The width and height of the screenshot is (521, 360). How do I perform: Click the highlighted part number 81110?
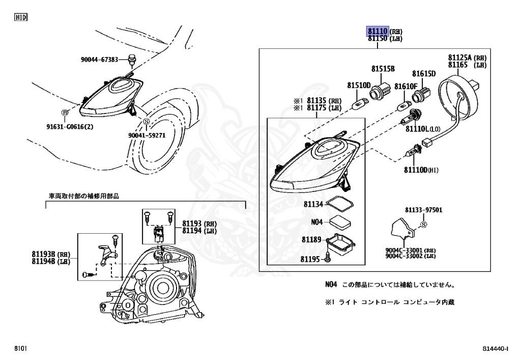click(x=378, y=32)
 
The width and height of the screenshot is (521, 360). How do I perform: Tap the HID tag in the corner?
click(x=20, y=17)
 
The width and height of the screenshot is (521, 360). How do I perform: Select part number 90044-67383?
click(x=99, y=60)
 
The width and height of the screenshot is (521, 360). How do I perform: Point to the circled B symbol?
click(x=65, y=113)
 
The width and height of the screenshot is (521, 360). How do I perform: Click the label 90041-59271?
click(x=147, y=135)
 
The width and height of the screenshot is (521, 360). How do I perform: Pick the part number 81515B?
click(x=383, y=68)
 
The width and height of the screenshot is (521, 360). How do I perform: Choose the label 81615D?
click(x=424, y=73)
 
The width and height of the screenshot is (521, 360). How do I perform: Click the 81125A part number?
click(x=460, y=58)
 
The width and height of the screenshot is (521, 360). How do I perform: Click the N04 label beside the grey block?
click(x=317, y=222)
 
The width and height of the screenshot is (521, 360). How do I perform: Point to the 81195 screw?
click(x=328, y=259)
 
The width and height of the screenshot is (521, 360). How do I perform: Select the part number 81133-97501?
click(x=423, y=210)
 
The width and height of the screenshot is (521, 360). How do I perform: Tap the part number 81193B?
click(x=43, y=254)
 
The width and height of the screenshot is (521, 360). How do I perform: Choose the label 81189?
click(x=311, y=239)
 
